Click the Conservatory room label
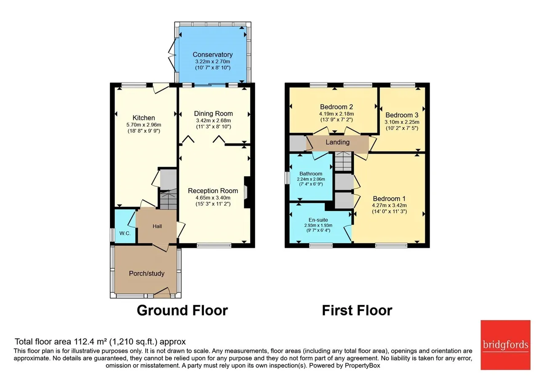213,55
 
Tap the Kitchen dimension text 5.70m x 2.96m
144,125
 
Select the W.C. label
125,233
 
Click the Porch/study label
147,273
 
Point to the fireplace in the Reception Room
247,192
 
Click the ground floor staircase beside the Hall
168,199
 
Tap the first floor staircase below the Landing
343,161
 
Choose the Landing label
338,142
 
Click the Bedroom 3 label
402,115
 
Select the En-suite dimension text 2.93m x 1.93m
318,225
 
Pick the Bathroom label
311,174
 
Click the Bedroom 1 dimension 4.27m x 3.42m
389,205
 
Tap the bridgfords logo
505,345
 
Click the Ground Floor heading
182,310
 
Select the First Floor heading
357,310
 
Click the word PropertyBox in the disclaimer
363,366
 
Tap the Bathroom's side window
287,178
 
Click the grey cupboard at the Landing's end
298,143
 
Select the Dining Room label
213,114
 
